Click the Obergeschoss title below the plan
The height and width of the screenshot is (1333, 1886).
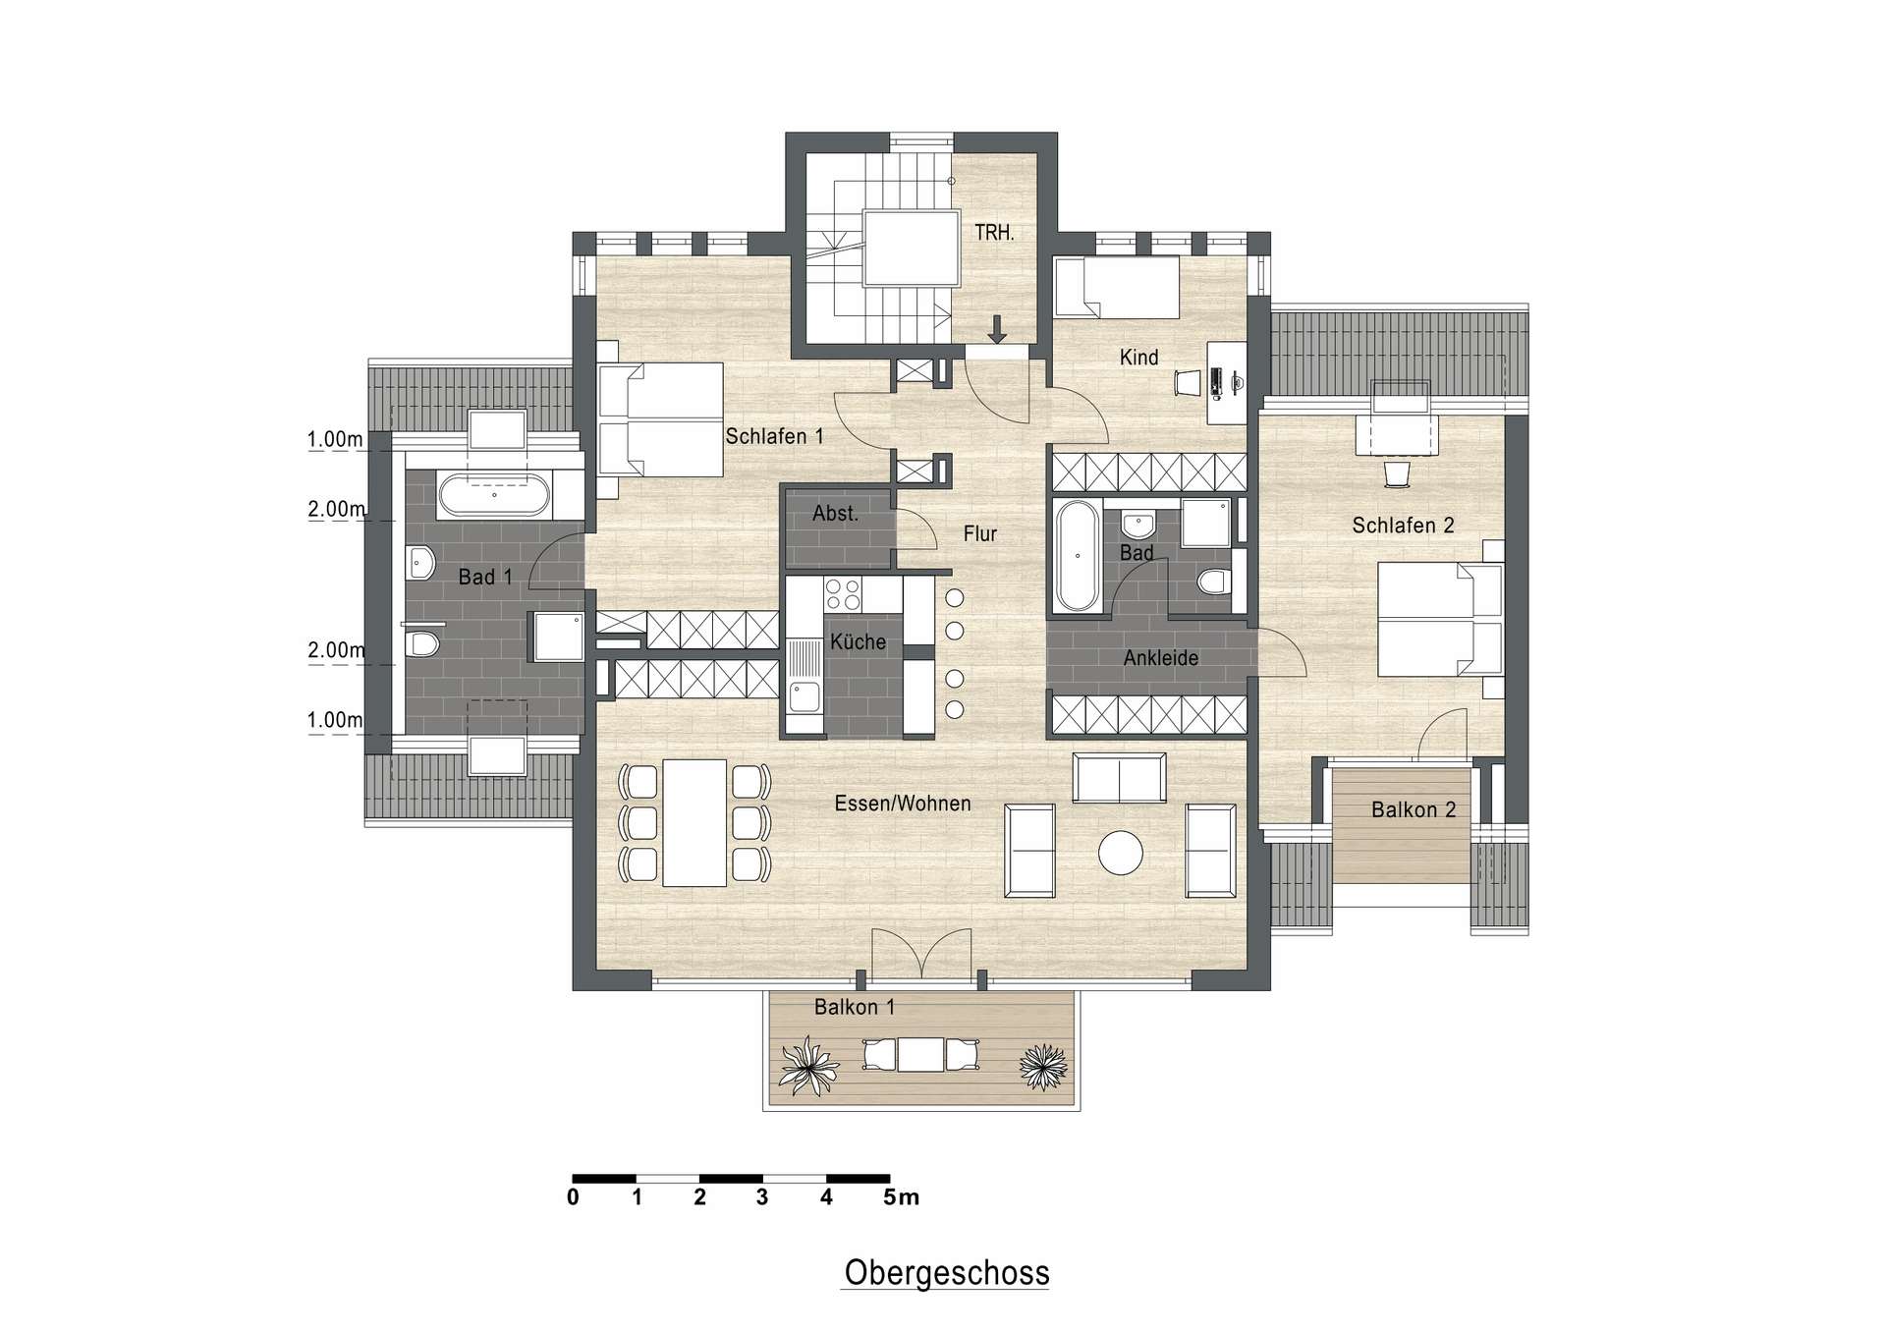pos(947,1273)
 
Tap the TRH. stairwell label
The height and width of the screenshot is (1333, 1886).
pos(994,233)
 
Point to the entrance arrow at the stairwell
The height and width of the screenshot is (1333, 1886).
pos(997,329)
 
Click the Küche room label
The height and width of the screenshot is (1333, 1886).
pos(858,642)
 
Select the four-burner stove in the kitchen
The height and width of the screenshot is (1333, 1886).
pos(842,595)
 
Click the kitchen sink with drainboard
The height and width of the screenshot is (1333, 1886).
pos(804,677)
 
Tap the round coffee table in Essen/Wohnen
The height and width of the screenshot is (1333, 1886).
pos(1121,853)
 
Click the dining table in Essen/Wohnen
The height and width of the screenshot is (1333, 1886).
pos(694,822)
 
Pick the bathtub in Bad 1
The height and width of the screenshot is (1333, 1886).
pos(494,495)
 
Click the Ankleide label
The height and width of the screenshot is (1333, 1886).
pos(1161,658)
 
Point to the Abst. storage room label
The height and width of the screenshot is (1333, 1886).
pos(835,513)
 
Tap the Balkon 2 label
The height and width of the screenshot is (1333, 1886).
pos(1414,810)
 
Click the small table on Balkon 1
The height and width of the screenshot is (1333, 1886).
pos(920,1055)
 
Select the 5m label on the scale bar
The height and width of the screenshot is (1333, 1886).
pos(902,1197)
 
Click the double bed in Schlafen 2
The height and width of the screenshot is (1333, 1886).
pos(1440,619)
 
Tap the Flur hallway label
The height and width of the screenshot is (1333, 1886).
pos(979,533)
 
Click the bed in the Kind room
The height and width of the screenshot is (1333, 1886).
pos(1116,287)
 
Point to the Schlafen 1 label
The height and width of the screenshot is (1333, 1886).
pos(774,436)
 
